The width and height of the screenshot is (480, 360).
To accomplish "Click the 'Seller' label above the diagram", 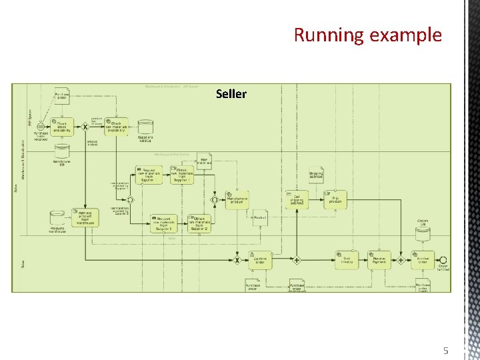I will click(231, 94).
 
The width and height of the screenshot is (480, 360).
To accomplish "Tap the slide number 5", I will click(446, 351).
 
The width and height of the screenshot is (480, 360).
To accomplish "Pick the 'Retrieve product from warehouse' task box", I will click(86, 217).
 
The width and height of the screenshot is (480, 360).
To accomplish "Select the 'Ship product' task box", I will click(335, 198).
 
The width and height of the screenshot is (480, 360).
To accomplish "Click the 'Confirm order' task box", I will click(260, 260).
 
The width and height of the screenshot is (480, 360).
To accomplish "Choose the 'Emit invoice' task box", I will click(347, 260).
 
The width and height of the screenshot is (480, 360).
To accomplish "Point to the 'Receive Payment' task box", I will click(381, 260).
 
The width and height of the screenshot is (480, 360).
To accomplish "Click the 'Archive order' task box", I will click(423, 260).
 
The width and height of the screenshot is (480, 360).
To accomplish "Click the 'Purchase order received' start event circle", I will click(40, 126).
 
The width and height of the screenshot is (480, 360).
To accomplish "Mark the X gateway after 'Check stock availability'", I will click(85, 126).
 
